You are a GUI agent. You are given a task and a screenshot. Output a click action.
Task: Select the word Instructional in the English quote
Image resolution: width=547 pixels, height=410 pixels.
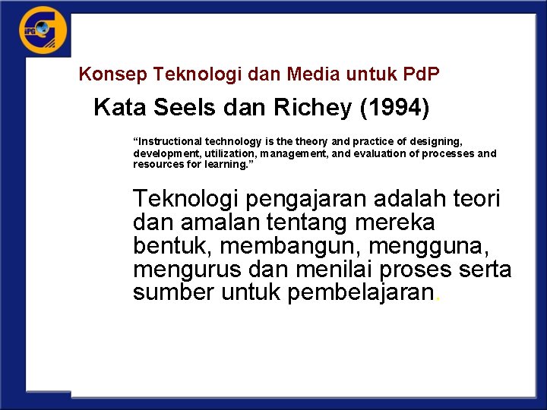click(169, 142)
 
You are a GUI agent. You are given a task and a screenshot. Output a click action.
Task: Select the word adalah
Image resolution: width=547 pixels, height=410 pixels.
click(416, 200)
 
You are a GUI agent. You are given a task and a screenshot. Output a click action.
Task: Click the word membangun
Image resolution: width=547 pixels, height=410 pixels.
click(286, 247)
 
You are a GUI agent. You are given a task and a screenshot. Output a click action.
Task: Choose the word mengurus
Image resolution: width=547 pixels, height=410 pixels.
click(183, 270)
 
